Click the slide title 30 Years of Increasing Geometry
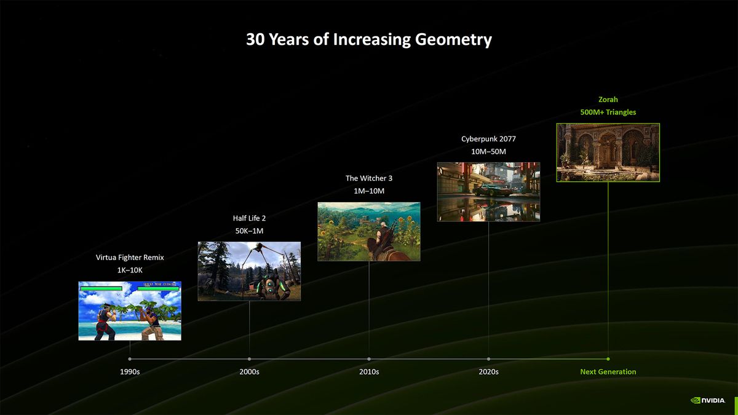[x=369, y=40]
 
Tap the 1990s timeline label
[x=130, y=372]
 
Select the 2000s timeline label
[x=249, y=372]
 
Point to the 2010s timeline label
[x=369, y=372]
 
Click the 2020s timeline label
[x=488, y=372]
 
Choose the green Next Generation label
[x=608, y=372]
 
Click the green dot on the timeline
[x=608, y=358]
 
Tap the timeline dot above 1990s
[x=130, y=358]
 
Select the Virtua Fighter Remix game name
[x=130, y=258]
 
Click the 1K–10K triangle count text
[x=130, y=271]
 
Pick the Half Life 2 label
[x=249, y=218]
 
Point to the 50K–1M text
[x=249, y=231]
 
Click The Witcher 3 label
[x=369, y=178]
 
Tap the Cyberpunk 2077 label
[x=488, y=139]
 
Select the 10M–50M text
[x=488, y=151]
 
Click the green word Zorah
[x=608, y=99]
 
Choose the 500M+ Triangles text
[x=608, y=113]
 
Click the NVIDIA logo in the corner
[x=707, y=400]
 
